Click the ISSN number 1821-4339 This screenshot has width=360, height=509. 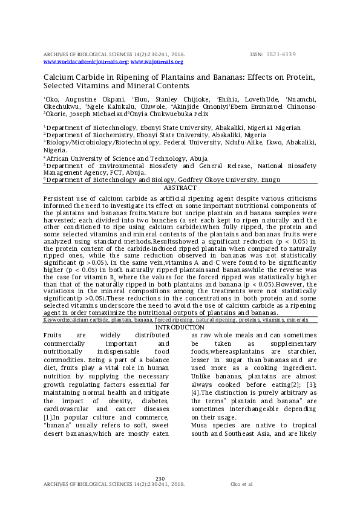pyautogui.click(x=281, y=54)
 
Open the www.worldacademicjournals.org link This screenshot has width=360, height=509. pyautogui.click(x=85, y=62)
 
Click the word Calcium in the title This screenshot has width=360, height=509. pyautogui.click(x=58, y=77)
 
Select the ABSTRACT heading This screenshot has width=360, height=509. pyautogui.click(x=180, y=188)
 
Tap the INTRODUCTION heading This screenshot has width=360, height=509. pyautogui.click(x=180, y=328)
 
